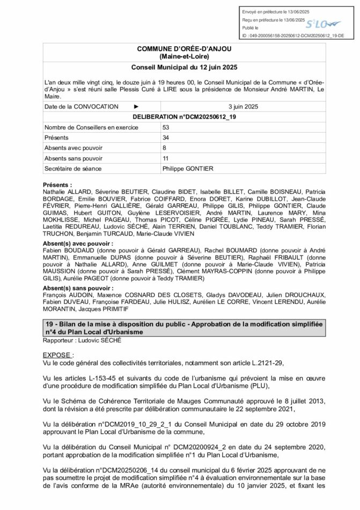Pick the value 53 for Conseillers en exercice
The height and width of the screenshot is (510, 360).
[165, 127]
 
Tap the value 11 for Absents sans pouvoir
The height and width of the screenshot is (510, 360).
[165, 158]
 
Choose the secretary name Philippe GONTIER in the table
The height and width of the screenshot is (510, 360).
[187, 168]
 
